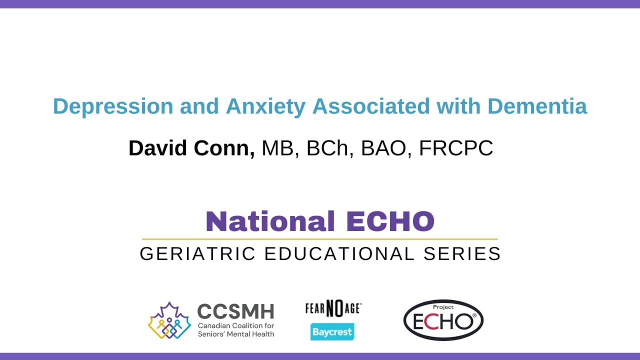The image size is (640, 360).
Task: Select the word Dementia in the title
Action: (x=537, y=106)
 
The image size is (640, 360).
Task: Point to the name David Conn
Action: (x=191, y=148)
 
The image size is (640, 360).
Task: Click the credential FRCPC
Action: (x=456, y=148)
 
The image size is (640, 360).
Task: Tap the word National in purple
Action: (x=270, y=221)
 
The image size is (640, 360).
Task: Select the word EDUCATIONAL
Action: (x=339, y=254)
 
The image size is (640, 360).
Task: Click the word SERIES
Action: (x=462, y=254)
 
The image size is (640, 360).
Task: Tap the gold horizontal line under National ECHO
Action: (x=320, y=239)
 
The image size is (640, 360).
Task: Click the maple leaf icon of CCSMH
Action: (x=169, y=320)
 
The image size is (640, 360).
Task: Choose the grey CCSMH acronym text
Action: (x=235, y=311)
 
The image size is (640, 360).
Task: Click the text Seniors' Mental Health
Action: (x=236, y=334)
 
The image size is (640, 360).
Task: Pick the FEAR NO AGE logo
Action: (x=333, y=309)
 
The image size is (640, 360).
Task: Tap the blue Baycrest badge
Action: (x=332, y=331)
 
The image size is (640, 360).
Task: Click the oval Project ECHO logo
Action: (x=443, y=320)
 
